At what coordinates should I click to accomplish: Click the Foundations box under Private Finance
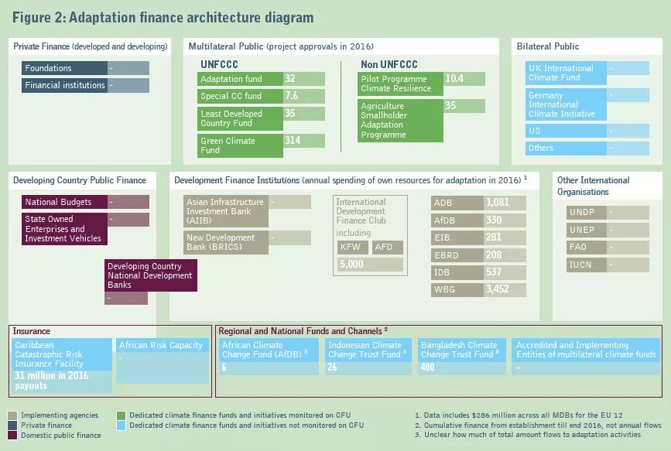[64, 68]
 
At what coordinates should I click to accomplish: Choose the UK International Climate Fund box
[564, 73]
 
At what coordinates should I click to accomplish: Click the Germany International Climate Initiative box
[564, 104]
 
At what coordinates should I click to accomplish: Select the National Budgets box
[63, 203]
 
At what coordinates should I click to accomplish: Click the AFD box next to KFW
[387, 248]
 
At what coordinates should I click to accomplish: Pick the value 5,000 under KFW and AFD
[370, 265]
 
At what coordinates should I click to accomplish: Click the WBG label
[457, 290]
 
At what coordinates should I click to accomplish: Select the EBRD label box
[457, 255]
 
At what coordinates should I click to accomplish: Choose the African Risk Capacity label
[161, 345]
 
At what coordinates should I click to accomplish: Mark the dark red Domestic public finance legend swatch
[13, 436]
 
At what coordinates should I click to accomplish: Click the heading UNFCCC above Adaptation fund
[220, 64]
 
